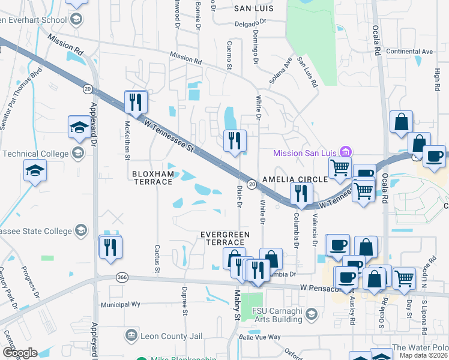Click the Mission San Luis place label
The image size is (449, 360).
click(x=305, y=153)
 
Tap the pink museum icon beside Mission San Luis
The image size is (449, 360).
click(x=345, y=151)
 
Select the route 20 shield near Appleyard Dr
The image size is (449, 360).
click(x=88, y=89)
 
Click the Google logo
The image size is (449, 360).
click(x=20, y=353)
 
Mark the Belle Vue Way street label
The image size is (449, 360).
click(x=259, y=337)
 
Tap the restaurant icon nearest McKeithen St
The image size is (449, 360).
click(x=135, y=101)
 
